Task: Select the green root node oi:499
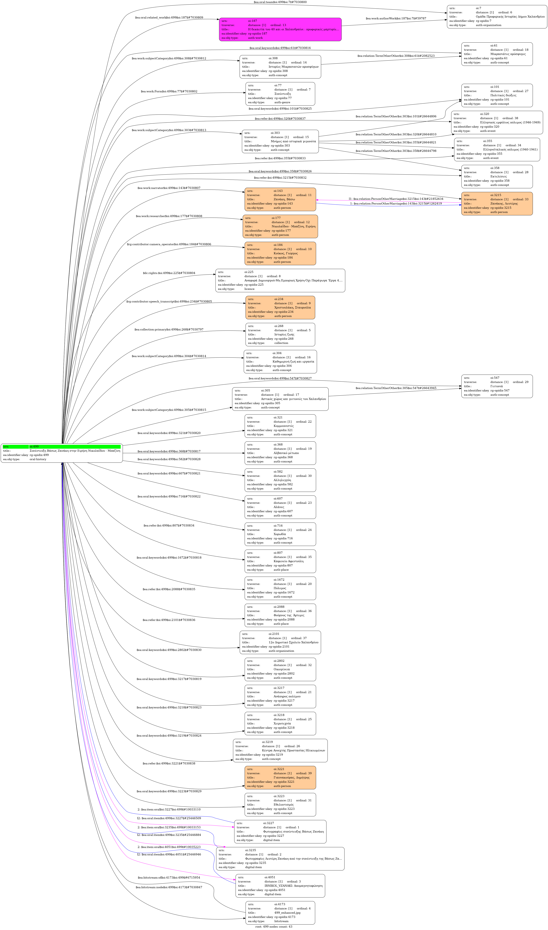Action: click(x=62, y=453)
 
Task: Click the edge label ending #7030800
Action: click(x=280, y=2)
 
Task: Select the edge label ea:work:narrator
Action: click(x=169, y=188)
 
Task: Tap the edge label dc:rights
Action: click(x=169, y=273)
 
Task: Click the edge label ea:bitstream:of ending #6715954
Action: click(x=169, y=878)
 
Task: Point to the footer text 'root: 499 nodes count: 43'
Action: click(x=274, y=927)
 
